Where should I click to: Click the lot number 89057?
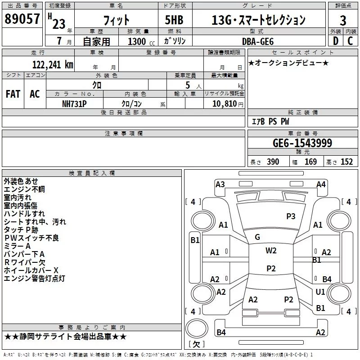[22, 19]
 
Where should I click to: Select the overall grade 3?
[343, 20]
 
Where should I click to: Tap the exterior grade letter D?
[335, 41]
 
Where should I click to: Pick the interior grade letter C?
[350, 41]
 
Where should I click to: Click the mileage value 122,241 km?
[53, 64]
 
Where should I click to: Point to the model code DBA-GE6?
[258, 41]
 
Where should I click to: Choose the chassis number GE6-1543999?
[302, 143]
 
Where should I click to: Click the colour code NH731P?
[74, 104]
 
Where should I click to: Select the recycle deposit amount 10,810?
[224, 103]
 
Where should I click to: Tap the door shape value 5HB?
[174, 20]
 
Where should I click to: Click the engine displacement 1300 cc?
[141, 41]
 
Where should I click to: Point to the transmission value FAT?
[13, 94]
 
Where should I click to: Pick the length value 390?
[273, 162]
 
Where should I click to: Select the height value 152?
[346, 162]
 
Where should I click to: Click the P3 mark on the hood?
[291, 216]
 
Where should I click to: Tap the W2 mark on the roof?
[271, 251]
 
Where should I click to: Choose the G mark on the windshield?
[257, 237]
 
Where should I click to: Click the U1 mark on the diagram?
[320, 292]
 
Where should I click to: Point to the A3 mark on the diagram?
[220, 184]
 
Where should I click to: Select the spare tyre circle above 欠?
[197, 328]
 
